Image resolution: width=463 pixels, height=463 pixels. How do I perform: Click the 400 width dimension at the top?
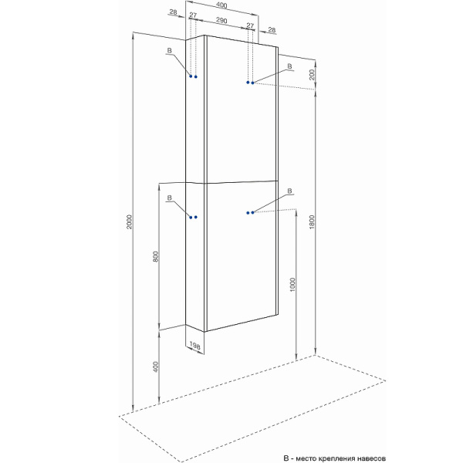point(221,5)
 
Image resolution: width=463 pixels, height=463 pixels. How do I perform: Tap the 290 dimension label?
point(221,20)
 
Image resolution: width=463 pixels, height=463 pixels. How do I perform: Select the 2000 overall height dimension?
point(130,221)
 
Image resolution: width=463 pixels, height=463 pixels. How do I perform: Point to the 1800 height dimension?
point(312,221)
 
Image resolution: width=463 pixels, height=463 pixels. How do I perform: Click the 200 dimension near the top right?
point(312,74)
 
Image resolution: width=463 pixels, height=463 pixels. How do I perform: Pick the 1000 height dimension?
point(292,284)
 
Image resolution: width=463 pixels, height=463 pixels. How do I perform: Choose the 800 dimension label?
point(156,256)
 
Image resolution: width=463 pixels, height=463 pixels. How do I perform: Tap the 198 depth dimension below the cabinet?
point(195,345)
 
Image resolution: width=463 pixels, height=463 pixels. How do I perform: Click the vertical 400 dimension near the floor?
point(156,367)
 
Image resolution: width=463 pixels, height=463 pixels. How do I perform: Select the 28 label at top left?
point(174,12)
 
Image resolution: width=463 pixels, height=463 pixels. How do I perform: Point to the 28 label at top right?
point(272,29)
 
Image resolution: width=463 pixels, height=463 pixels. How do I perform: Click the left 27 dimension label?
point(193,15)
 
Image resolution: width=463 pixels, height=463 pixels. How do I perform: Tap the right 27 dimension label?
point(250,25)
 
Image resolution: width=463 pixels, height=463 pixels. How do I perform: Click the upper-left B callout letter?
point(169,50)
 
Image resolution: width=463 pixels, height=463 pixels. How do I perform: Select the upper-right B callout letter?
point(289,66)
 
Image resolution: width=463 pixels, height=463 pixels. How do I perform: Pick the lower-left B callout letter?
point(169,198)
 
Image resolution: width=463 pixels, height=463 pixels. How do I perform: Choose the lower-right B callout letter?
point(289,191)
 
